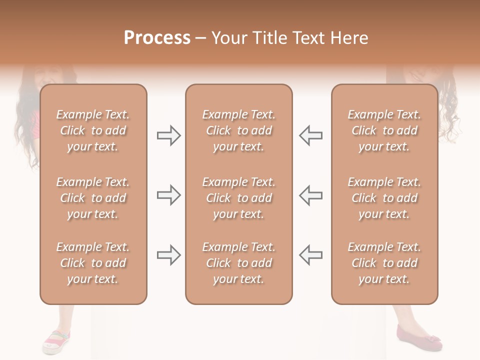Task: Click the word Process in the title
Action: point(157,38)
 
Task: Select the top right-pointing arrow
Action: point(168,135)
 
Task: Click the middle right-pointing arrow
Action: point(168,195)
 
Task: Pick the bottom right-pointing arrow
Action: point(168,255)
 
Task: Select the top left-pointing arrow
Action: point(311,135)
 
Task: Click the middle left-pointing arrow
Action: point(311,195)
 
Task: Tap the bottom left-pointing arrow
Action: point(311,255)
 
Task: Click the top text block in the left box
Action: point(93,130)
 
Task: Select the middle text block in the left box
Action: point(93,198)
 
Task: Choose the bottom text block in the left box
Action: point(93,263)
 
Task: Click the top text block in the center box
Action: point(238,130)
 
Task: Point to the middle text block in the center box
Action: point(238,198)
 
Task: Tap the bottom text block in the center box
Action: point(238,263)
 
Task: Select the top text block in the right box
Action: point(384,130)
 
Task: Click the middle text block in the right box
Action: point(384,198)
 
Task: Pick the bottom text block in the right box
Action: point(384,263)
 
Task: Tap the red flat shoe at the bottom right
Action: point(419,338)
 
